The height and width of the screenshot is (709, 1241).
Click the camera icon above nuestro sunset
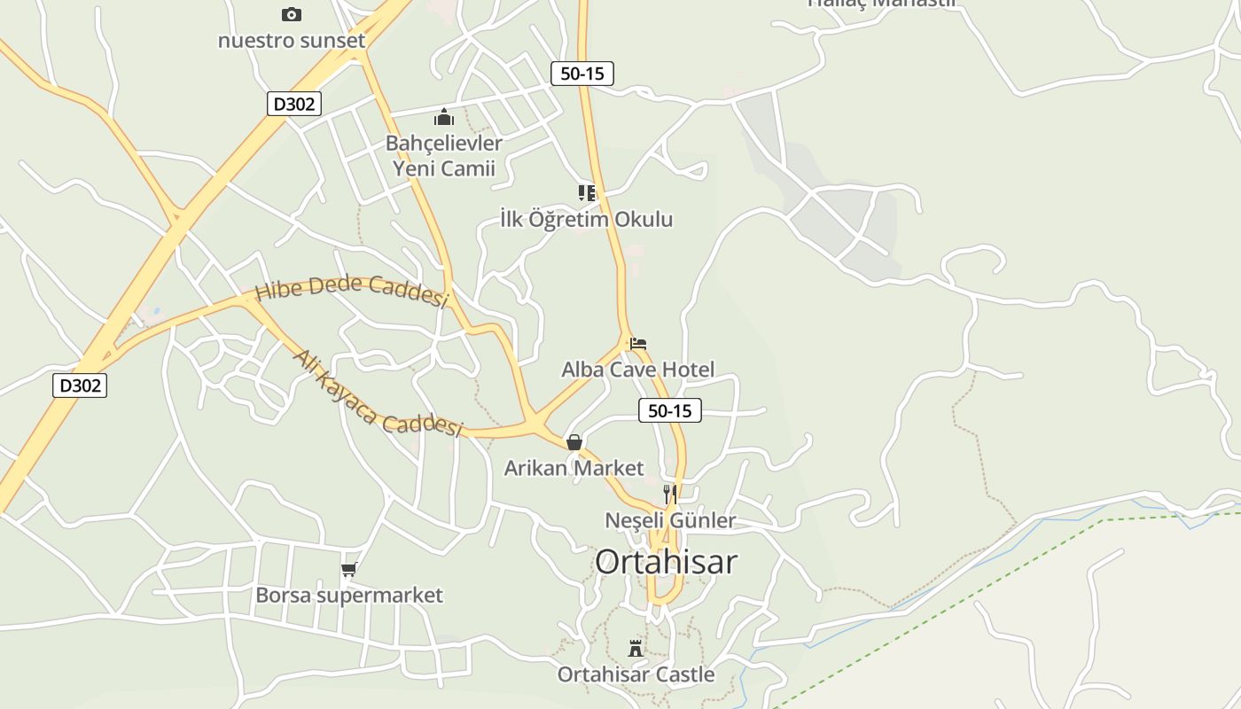[x=291, y=14]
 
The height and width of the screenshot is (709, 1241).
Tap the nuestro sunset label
[x=291, y=40]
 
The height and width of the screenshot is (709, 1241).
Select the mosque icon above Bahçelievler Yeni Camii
[x=444, y=117]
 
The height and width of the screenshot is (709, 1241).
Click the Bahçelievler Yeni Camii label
[x=443, y=155]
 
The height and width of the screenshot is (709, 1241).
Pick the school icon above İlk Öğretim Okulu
[x=587, y=192]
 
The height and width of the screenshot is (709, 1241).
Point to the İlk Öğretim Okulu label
[x=587, y=219]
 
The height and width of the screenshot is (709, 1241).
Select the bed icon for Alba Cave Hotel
[x=638, y=343]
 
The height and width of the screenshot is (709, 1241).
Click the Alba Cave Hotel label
[x=637, y=369]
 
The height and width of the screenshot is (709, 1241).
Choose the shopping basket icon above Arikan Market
[x=574, y=441]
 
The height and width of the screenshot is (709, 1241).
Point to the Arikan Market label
[x=574, y=467]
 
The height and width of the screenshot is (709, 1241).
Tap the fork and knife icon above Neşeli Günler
[x=670, y=494]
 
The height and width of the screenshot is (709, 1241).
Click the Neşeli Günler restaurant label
[x=670, y=519]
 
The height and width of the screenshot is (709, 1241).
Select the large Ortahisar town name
[x=666, y=561]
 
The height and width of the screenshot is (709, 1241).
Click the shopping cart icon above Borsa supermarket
[x=348, y=569]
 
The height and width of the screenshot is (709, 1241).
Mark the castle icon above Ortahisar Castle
[x=636, y=648]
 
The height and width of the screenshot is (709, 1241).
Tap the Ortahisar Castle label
[x=636, y=674]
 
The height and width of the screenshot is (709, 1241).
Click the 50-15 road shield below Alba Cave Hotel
[x=669, y=410]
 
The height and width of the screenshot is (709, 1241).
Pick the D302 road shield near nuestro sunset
[x=293, y=104]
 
